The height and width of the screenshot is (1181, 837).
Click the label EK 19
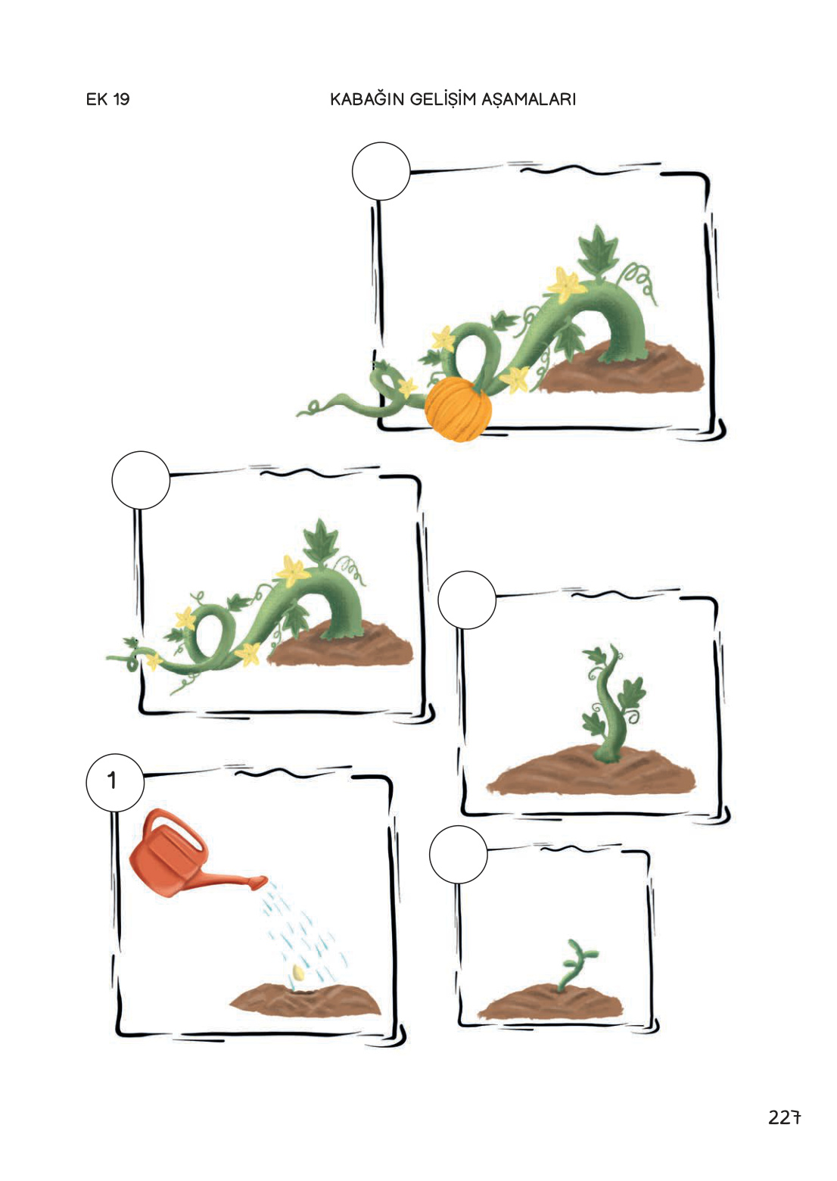coord(107,99)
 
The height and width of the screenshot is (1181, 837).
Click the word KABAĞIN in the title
coord(366,99)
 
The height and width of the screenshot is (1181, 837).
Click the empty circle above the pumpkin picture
coord(381,171)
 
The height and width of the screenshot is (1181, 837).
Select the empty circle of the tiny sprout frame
coord(458,855)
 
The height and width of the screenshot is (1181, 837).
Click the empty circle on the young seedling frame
coord(467,600)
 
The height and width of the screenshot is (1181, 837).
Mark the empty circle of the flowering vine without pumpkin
coord(141,480)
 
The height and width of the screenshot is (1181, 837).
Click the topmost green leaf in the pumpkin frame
coord(598,251)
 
